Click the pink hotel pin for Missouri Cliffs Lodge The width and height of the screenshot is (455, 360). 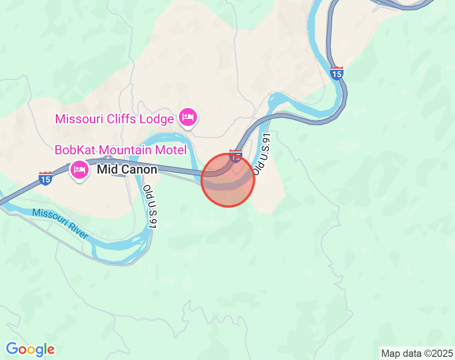click(x=188, y=118)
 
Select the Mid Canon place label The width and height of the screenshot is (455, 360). click(x=127, y=170)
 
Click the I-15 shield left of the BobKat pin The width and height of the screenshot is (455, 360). click(x=45, y=178)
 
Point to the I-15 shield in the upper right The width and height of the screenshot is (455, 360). click(x=336, y=73)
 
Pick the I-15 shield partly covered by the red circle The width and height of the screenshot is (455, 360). click(x=235, y=156)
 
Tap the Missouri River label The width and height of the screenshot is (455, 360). click(x=60, y=224)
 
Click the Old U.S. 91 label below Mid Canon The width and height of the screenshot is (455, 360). click(x=150, y=207)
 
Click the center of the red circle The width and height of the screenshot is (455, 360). click(x=228, y=180)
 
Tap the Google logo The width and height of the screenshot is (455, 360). click(x=31, y=349)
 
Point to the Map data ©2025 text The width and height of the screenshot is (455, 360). click(x=416, y=353)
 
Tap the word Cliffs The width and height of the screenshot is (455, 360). click(x=121, y=119)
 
